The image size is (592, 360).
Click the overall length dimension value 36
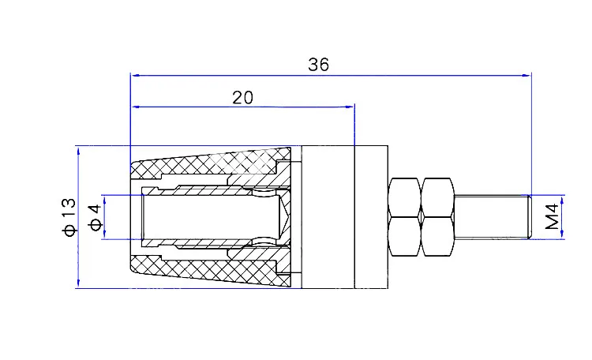click(318, 66)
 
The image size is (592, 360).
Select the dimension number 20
click(242, 97)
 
